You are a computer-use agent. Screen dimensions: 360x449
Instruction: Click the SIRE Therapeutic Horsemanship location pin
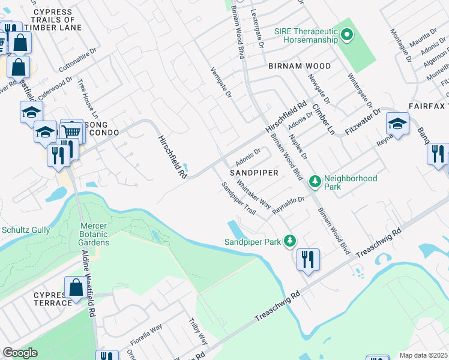346,36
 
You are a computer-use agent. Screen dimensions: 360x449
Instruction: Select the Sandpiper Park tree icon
290,241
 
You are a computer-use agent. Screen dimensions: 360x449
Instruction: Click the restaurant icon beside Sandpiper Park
308,259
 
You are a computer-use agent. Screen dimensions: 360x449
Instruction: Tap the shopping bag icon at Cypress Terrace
76,287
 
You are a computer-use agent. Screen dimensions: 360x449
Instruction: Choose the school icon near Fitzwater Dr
397,124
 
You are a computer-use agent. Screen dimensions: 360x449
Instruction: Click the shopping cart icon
72,130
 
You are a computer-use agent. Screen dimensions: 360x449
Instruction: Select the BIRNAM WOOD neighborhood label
300,65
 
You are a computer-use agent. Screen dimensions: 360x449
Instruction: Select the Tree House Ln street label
88,97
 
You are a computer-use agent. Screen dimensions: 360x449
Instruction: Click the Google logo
20,353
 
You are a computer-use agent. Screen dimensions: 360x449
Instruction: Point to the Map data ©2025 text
423,355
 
